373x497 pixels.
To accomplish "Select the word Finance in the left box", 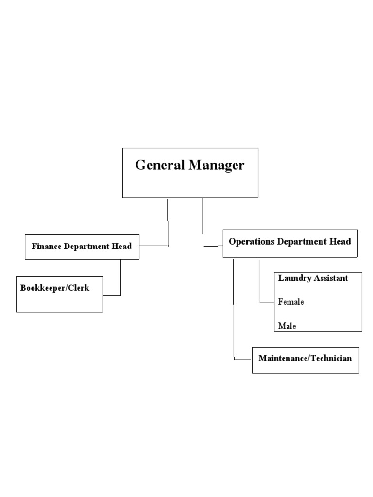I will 46,246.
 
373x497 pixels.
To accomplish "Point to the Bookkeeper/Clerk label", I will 55,288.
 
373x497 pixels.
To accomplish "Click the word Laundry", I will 294,278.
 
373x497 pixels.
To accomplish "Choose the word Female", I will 291,302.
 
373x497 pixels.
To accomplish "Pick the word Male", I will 287,326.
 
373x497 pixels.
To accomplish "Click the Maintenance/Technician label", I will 305,359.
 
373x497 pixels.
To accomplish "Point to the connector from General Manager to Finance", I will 168,223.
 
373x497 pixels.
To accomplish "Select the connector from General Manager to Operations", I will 203,223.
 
